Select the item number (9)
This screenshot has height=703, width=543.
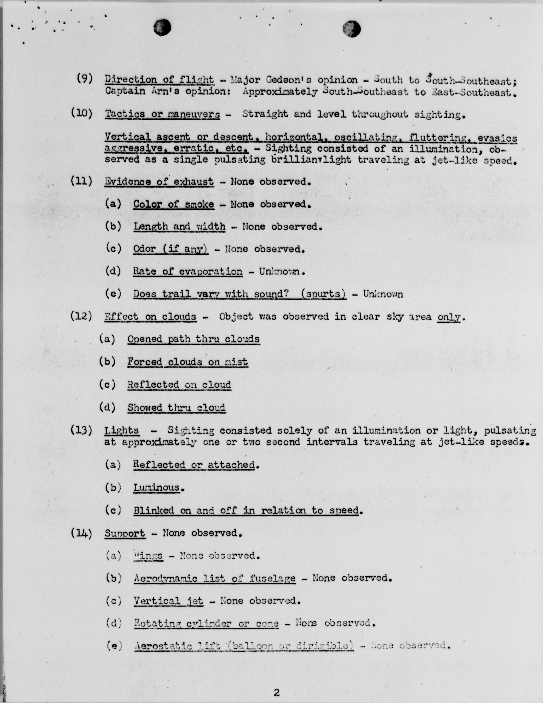tap(85, 78)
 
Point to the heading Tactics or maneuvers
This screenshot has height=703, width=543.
tap(163, 114)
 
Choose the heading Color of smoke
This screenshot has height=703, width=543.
tap(173, 204)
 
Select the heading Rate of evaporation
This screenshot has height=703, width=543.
tap(188, 271)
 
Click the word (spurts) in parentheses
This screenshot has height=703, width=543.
tap(323, 294)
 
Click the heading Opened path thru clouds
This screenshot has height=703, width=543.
tap(193, 339)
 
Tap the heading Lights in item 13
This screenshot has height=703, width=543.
tap(122, 430)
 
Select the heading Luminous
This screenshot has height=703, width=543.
tap(157, 487)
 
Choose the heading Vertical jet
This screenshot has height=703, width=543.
tap(168, 601)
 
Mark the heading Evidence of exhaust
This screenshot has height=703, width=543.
tap(159, 181)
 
